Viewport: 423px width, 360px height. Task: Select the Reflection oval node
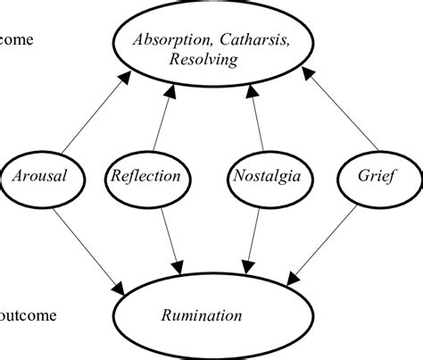coord(145,176)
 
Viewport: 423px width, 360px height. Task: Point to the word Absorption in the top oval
coord(171,40)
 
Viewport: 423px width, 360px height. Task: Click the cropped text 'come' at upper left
coord(18,40)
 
